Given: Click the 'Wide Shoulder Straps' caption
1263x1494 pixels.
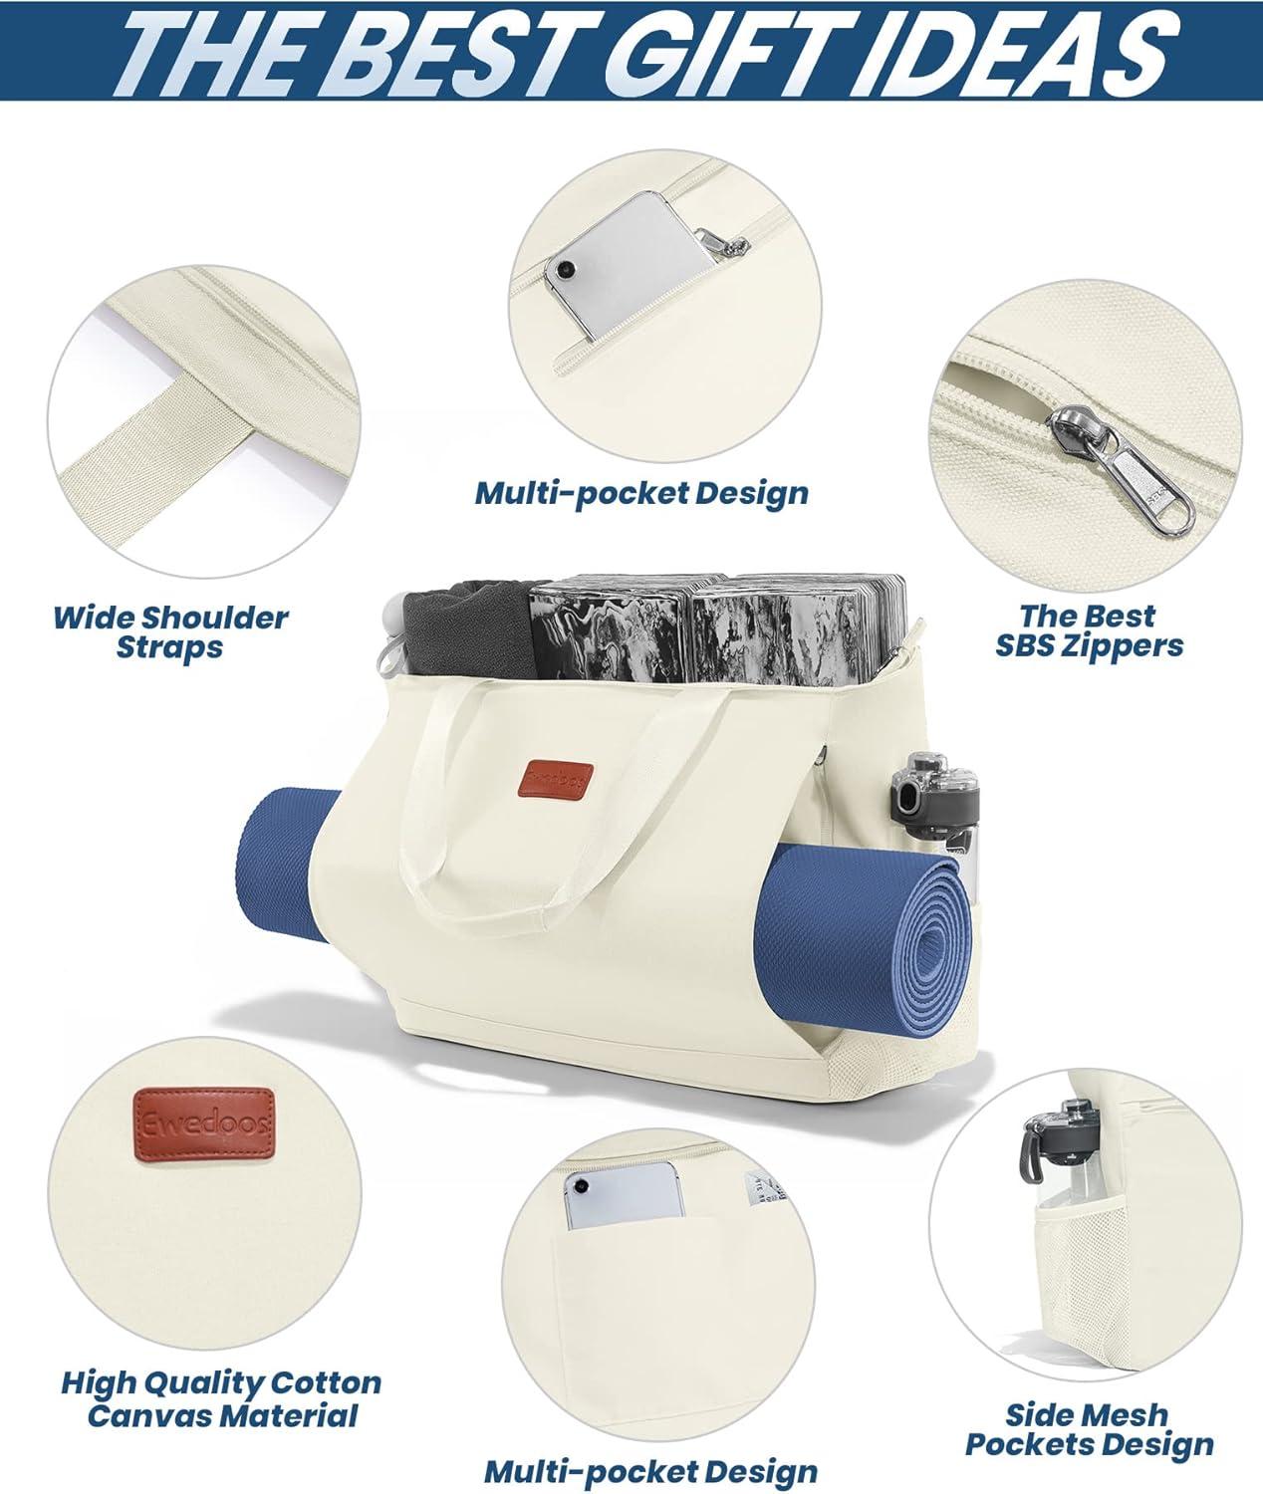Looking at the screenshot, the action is pos(170,632).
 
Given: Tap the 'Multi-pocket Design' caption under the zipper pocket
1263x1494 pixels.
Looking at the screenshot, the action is pos(641,494).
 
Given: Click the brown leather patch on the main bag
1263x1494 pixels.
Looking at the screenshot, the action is pos(561,781).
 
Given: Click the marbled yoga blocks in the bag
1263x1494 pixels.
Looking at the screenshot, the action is pos(717,625).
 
